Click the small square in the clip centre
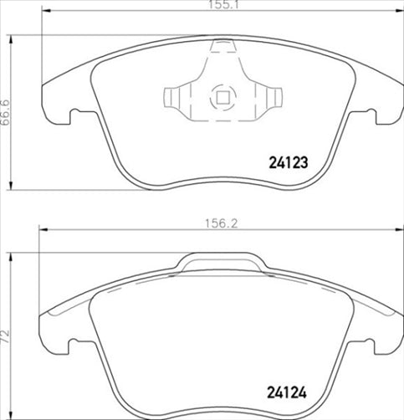222,97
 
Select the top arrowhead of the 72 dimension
10,251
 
